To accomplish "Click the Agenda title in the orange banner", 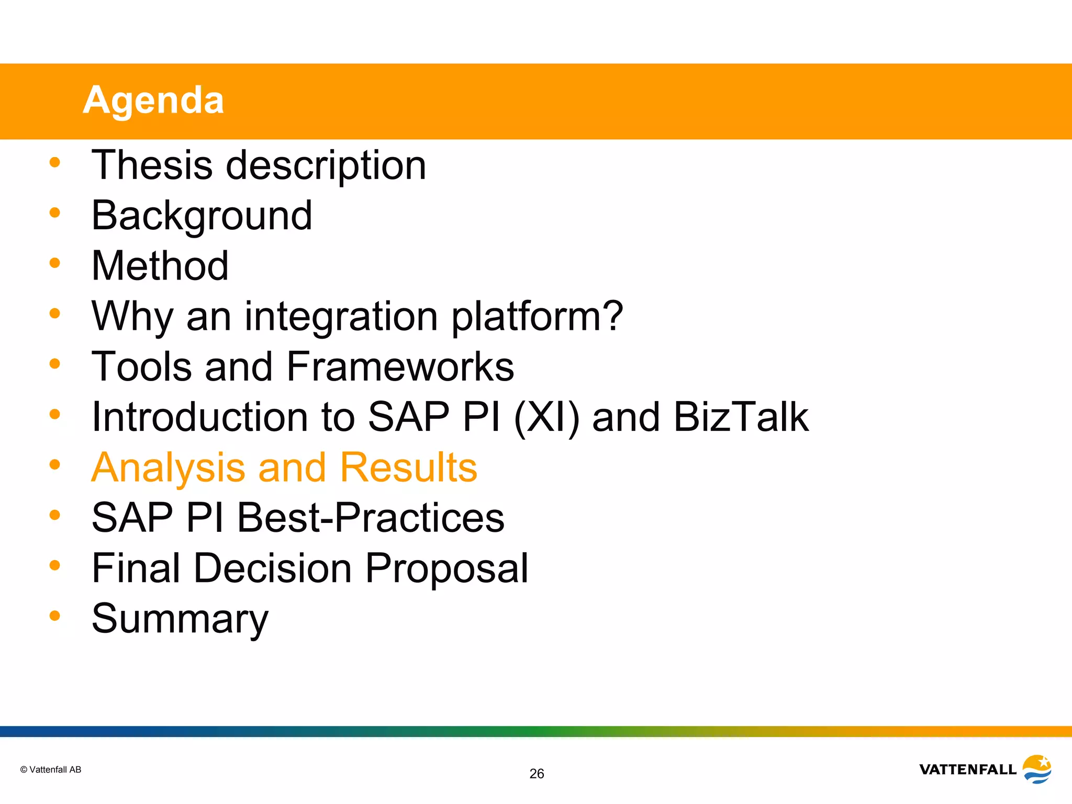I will tap(153, 100).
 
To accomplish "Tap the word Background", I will tap(202, 216).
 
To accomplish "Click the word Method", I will tap(160, 266).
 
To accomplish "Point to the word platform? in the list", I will tap(537, 317).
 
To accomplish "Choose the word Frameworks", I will tap(400, 366).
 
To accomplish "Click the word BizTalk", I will tap(741, 417).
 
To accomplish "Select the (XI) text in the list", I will tap(546, 417).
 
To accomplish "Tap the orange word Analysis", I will tap(168, 467).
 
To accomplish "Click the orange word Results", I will tap(408, 467).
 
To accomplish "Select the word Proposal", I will tap(446, 568).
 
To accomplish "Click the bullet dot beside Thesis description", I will tap(55, 162).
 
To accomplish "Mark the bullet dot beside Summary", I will tap(55, 616).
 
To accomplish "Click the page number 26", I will tap(537, 774).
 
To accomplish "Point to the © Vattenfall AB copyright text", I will tap(51, 769).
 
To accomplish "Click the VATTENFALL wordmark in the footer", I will tap(967, 769).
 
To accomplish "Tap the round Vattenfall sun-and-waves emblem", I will tap(1037, 769).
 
